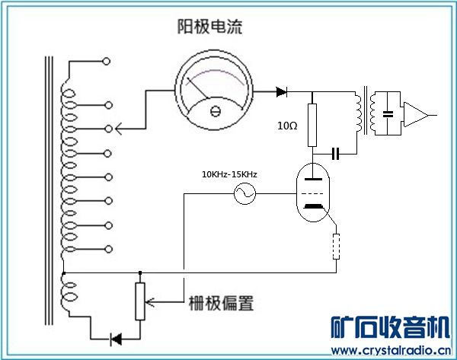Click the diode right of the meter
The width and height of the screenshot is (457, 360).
(281, 92)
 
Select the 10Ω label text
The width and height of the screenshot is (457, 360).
(287, 124)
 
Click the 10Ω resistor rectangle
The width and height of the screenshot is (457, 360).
(312, 126)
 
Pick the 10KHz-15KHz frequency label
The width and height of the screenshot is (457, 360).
(229, 174)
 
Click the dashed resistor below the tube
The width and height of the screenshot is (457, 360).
(336, 247)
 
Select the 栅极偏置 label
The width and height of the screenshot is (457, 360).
(220, 302)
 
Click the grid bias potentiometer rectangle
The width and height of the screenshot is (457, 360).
(139, 301)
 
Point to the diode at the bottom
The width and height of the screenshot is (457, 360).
(117, 338)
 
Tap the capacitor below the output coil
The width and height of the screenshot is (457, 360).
(335, 154)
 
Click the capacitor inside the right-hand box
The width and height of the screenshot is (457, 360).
(389, 114)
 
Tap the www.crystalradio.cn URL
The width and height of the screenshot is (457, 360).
(390, 351)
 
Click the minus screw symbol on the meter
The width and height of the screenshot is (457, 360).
(215, 112)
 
